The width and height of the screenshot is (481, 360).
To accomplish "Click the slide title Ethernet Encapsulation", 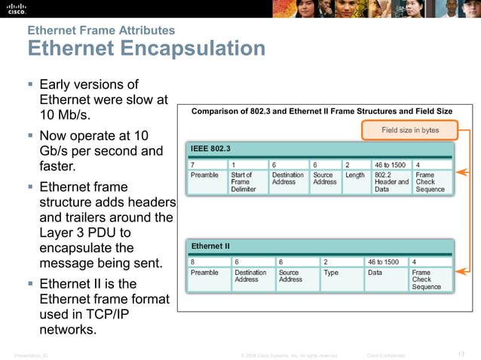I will (x=146, y=49).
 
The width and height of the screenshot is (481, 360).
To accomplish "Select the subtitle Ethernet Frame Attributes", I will (x=101, y=30).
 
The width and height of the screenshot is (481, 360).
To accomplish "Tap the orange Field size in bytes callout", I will (x=409, y=130).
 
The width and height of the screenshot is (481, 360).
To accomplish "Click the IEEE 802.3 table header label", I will (x=210, y=148).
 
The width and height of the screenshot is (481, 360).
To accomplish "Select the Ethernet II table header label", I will (x=210, y=246).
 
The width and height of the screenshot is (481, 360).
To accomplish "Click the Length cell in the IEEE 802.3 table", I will (x=354, y=175).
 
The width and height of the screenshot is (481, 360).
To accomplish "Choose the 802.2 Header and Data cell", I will (x=391, y=182).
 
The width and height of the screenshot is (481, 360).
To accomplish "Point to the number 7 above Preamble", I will (x=192, y=163).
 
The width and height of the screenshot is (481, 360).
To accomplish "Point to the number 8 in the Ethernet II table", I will (x=192, y=261).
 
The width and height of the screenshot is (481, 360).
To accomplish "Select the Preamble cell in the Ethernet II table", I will (x=204, y=273).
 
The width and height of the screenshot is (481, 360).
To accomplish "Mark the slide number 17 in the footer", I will (x=461, y=355).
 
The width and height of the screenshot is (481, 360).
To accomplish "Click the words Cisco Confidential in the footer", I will (x=385, y=355).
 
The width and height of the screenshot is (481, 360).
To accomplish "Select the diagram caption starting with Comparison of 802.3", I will (x=322, y=111).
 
